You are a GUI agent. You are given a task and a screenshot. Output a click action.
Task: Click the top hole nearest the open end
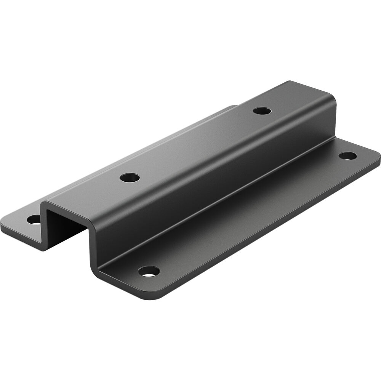click(x=130, y=177)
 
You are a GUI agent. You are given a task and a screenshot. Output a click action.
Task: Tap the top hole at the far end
click(x=262, y=111)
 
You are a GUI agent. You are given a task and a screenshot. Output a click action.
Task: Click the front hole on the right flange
click(x=149, y=271)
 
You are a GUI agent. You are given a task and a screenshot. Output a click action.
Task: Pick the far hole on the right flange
click(x=347, y=155)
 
